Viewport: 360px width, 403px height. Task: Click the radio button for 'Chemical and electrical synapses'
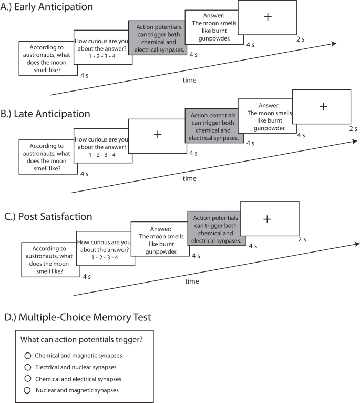click(28, 379)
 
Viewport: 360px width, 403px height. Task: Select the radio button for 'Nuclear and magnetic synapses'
click(28, 390)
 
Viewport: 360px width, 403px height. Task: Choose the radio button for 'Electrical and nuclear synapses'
click(28, 367)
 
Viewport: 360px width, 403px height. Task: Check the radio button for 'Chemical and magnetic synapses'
click(28, 356)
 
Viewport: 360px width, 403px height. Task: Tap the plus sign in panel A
click(268, 17)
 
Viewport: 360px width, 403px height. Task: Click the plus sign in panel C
click(267, 219)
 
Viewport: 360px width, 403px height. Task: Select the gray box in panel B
click(214, 126)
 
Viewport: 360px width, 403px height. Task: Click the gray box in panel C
click(217, 228)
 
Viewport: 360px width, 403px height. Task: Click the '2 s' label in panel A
click(301, 38)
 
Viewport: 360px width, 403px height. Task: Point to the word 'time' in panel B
click(190, 179)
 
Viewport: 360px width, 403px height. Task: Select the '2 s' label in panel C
click(302, 240)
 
